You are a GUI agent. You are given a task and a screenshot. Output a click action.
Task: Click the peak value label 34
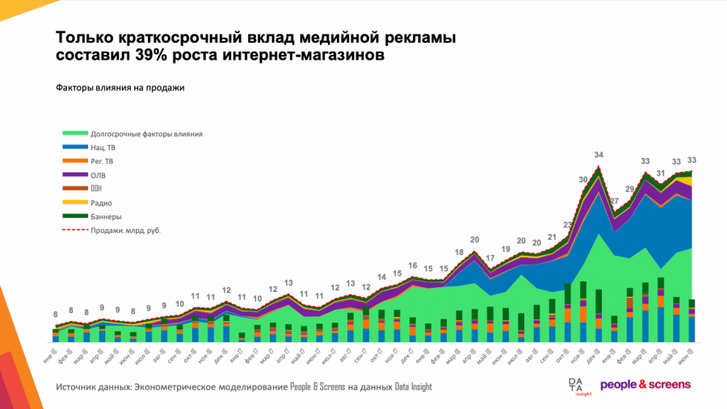tap(599, 155)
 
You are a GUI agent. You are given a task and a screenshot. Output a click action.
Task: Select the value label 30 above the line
tap(582, 180)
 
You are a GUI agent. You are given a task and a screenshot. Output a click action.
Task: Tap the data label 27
tap(615, 202)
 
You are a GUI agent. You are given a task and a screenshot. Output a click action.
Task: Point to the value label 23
tap(568, 225)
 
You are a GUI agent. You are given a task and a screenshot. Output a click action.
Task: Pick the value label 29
tap(630, 190)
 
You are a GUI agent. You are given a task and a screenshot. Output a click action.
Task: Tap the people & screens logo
tap(645, 386)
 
